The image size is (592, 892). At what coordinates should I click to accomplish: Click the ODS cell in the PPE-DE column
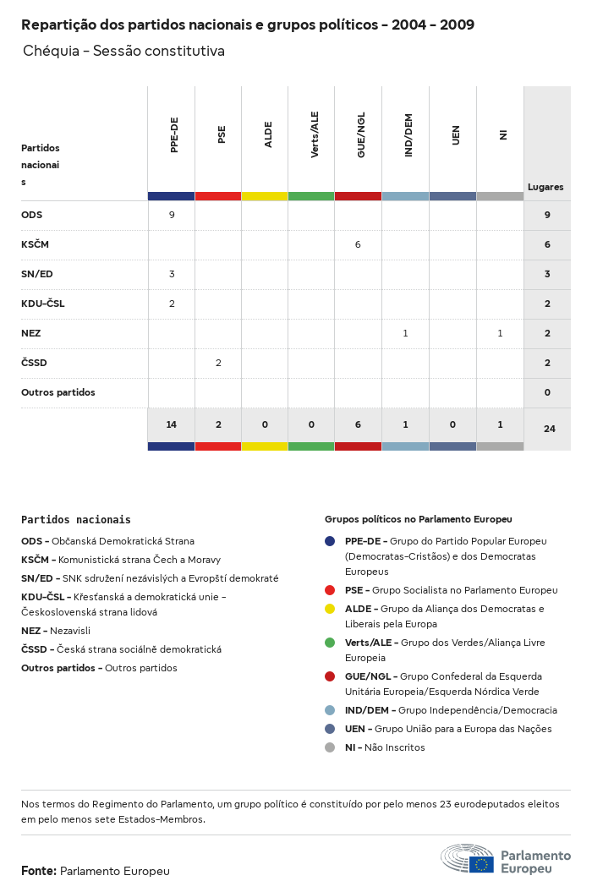pos(172,215)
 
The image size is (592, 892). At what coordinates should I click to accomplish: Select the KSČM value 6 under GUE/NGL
pos(358,244)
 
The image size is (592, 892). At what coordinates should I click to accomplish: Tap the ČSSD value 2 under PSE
pos(218,363)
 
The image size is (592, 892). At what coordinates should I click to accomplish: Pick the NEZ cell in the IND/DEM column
pos(405,333)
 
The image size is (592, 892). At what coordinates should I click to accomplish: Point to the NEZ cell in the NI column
pos(500,333)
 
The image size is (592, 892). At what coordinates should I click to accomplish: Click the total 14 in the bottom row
pos(172,424)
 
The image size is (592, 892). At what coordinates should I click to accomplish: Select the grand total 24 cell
pos(549,429)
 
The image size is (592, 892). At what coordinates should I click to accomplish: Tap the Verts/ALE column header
pos(315,135)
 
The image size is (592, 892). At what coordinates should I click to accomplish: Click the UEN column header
pos(456,135)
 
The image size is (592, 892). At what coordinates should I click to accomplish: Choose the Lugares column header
pos(545,187)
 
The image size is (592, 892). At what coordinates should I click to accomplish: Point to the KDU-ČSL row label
pos(42,304)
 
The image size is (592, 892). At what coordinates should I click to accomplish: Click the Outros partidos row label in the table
pos(58,392)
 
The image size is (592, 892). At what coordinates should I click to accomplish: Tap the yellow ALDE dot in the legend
pos(330,609)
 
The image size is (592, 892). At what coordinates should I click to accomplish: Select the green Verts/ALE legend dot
pos(330,643)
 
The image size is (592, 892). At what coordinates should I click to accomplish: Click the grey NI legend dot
pos(330,747)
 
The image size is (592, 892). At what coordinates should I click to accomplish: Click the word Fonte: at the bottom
pos(39,871)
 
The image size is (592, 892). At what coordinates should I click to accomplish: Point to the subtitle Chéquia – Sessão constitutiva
pos(123,51)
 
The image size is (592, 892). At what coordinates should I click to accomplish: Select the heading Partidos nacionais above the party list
pos(76,519)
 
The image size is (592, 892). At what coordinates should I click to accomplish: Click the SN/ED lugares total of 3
pos(547,274)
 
